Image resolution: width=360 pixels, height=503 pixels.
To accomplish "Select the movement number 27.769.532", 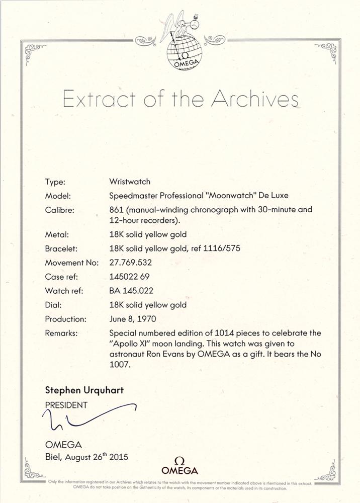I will point(130,263).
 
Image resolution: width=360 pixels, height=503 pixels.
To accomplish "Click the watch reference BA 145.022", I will point(131,291).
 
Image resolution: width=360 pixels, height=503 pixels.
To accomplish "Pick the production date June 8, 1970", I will point(133,319).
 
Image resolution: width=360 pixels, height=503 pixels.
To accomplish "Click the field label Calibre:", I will point(60,210).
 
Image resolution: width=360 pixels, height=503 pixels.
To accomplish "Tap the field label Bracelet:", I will point(61,248).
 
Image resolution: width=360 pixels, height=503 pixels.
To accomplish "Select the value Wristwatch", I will point(130,182).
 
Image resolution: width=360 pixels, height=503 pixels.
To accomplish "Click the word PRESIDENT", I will point(66,405).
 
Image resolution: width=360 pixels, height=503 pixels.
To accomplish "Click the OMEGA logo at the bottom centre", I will point(179,467).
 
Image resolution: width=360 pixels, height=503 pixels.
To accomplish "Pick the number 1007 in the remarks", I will point(120,366).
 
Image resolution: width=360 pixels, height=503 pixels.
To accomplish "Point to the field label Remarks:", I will point(62,333).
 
